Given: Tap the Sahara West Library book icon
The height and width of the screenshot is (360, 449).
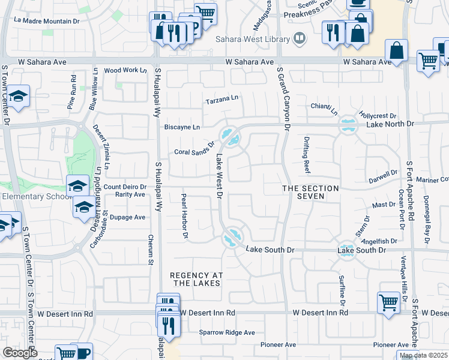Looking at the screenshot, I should click(299, 40).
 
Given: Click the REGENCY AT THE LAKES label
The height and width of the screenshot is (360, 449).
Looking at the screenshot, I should click(196, 280).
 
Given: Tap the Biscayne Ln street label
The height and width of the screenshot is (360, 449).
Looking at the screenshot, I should click(181, 127).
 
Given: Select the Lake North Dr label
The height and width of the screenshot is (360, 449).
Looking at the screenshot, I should click(390, 124).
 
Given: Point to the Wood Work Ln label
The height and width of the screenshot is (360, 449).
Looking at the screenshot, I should click(125, 70).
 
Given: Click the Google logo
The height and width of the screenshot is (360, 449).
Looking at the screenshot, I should click(19, 353).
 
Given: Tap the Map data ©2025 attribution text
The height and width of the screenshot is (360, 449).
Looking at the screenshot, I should click(424, 356).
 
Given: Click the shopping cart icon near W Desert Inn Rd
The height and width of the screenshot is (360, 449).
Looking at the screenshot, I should click(388, 302).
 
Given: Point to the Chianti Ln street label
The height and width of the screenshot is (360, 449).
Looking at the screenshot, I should click(324, 108).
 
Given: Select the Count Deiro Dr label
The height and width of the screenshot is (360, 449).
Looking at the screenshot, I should click(125, 187).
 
